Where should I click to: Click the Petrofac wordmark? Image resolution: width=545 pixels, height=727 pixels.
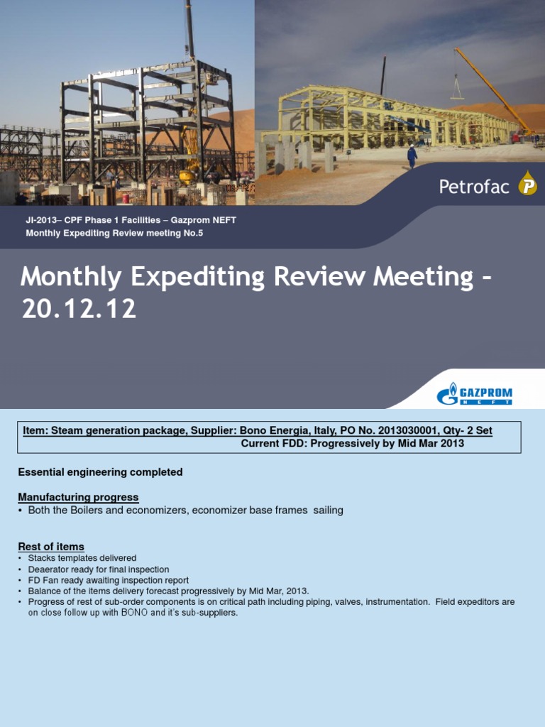(x=474, y=187)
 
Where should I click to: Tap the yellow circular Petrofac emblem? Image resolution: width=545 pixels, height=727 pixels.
(x=527, y=187)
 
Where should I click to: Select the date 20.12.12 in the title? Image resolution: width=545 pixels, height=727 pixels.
(x=79, y=309)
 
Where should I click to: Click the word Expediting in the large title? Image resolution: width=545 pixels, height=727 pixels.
(x=190, y=277)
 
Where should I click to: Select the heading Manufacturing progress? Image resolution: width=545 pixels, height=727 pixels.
(x=78, y=497)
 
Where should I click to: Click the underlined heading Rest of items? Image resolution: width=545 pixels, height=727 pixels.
(x=51, y=547)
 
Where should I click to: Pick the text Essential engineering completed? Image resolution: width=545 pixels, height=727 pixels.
(x=100, y=472)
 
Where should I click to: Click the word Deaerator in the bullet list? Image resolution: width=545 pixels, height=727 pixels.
(x=50, y=569)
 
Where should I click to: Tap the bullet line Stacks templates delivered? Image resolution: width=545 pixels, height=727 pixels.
(x=82, y=559)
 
